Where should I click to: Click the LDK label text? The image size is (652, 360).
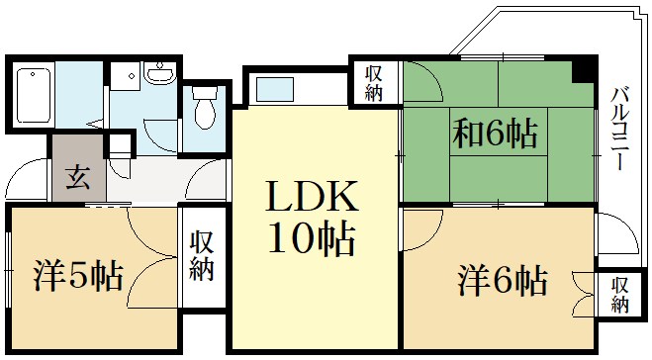(312, 196)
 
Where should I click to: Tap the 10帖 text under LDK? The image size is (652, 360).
(312, 239)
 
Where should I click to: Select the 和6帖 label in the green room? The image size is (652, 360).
(495, 134)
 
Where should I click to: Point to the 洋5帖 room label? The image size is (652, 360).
(78, 276)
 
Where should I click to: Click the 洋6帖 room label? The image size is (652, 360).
(503, 281)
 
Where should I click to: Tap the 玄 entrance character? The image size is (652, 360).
(78, 177)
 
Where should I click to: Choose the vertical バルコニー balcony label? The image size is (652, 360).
(620, 128)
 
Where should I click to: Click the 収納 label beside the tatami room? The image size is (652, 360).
(373, 83)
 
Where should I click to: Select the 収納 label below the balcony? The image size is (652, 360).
(619, 295)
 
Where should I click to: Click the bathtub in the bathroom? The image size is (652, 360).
(34, 96)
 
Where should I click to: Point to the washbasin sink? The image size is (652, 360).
(160, 74)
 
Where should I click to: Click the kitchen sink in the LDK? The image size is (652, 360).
(274, 89)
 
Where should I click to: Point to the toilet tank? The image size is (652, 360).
(205, 92)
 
